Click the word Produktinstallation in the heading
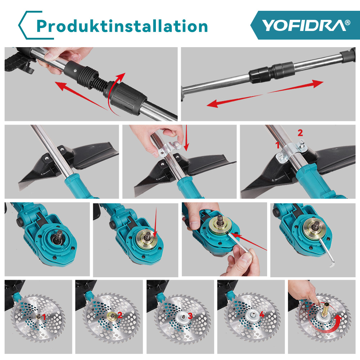tap(122, 26)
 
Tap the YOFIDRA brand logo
tap(304, 25)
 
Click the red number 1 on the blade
tap(44, 317)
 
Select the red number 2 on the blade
tap(120, 315)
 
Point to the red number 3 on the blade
tap(190, 316)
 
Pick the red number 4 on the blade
tap(262, 314)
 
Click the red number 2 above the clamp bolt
tap(300, 133)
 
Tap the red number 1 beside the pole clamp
tap(278, 145)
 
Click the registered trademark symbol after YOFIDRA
tap(347, 22)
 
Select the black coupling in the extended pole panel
tap(271, 72)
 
